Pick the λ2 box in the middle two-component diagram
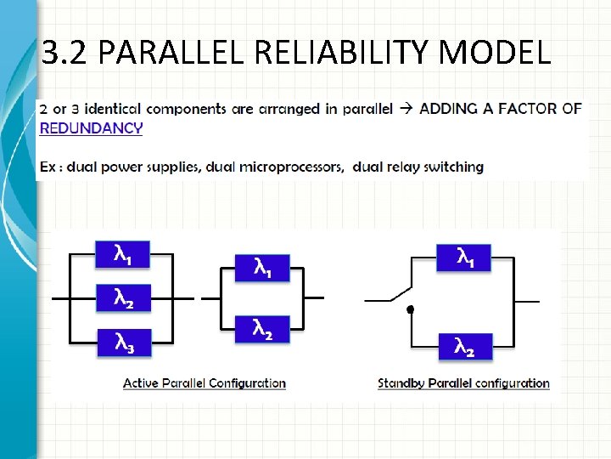[262, 330]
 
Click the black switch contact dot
[409, 309]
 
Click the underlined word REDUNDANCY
[91, 128]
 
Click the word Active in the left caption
[141, 383]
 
